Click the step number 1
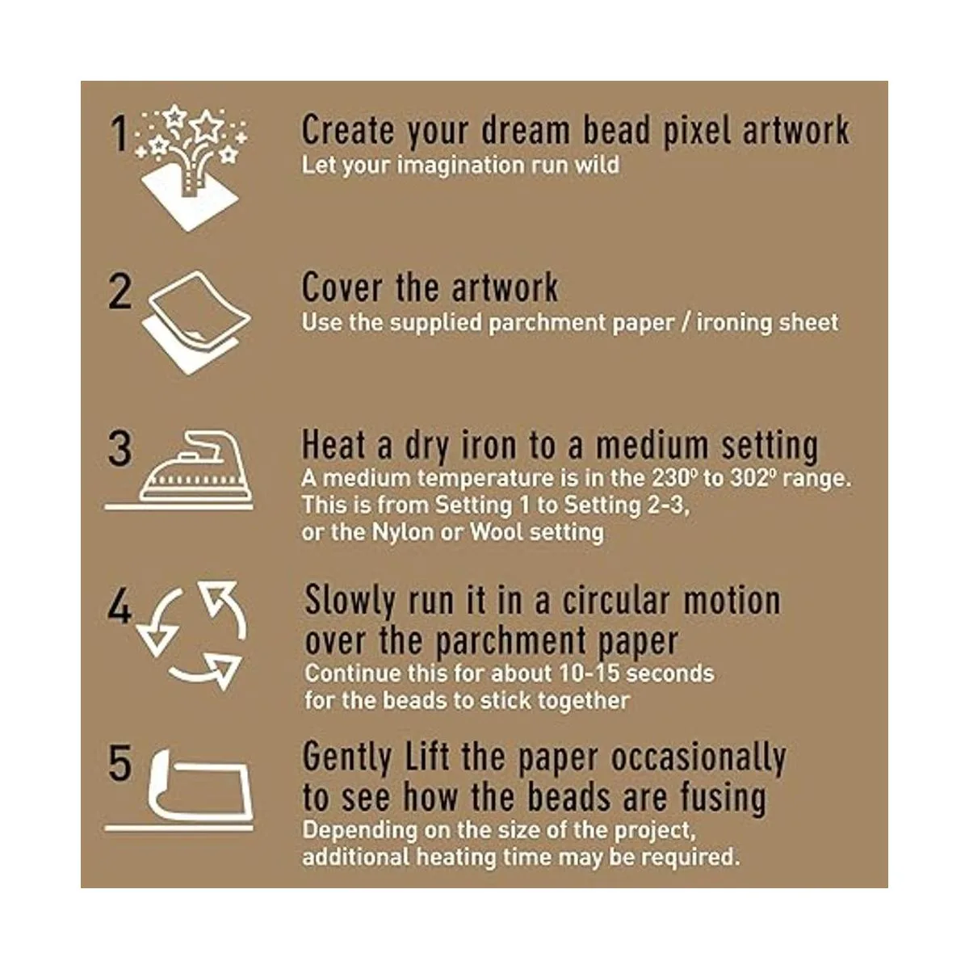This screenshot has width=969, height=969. click(120, 133)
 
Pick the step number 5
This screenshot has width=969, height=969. click(120, 763)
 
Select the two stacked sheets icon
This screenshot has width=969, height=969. click(196, 322)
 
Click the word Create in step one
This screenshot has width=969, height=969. click(348, 130)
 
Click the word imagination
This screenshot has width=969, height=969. click(460, 166)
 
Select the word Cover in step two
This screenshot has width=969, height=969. click(342, 287)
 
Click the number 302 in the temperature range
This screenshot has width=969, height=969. click(752, 478)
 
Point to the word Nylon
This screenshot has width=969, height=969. click(403, 533)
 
